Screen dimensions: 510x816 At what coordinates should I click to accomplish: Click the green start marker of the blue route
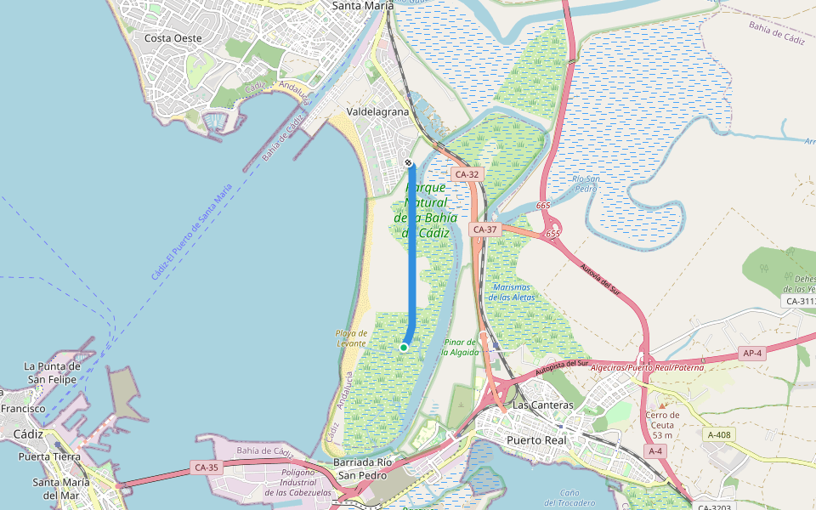coord(404,347)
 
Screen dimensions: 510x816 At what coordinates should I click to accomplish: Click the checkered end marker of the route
coord(409,161)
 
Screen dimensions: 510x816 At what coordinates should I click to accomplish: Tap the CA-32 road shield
coord(467,174)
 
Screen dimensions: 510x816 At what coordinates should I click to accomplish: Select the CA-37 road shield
coord(484,229)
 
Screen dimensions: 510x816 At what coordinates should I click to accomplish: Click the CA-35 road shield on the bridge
coord(207,467)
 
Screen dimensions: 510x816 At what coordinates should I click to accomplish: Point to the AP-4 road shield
coord(752,353)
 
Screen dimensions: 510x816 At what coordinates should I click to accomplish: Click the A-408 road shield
coord(718,434)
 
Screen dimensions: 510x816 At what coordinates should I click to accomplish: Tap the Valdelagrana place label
coord(377,111)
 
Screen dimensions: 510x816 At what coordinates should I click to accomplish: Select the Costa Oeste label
coord(173,38)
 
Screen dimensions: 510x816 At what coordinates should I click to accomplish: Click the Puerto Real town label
coord(536,440)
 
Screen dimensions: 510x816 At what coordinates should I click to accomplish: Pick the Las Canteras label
coord(544,405)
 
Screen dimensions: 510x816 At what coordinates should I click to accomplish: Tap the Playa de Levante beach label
coord(351,337)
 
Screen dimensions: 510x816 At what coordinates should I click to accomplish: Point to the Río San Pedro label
coord(587,184)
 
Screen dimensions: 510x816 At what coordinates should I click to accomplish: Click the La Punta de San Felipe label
coord(52,372)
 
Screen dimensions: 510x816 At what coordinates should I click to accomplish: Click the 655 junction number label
coord(553,233)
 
